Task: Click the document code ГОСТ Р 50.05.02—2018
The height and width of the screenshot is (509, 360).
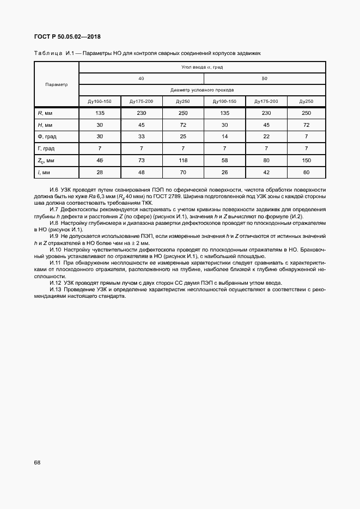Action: click(x=68, y=37)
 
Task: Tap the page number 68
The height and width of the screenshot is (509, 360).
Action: click(x=37, y=462)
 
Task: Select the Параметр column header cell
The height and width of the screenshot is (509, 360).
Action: click(x=57, y=84)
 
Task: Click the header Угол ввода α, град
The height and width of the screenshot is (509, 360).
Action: click(x=203, y=68)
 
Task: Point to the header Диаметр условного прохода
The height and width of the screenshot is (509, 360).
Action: click(x=203, y=90)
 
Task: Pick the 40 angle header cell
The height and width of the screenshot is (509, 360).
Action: click(x=141, y=79)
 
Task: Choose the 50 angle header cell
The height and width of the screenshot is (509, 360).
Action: click(x=265, y=79)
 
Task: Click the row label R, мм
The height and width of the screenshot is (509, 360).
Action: click(x=44, y=113)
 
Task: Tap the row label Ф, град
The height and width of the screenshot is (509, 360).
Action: click(x=46, y=136)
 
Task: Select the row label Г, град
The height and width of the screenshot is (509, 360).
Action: click(x=46, y=148)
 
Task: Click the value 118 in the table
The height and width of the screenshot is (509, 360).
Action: click(x=182, y=160)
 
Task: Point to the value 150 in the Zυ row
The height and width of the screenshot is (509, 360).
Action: click(x=306, y=160)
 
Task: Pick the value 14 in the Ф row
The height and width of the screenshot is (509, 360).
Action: click(x=224, y=136)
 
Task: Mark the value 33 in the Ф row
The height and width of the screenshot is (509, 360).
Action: click(x=141, y=136)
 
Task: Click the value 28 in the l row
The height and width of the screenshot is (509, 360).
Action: click(x=100, y=172)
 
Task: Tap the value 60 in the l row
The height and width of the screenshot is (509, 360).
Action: click(x=306, y=172)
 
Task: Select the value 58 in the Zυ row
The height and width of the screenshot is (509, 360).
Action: click(x=224, y=160)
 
